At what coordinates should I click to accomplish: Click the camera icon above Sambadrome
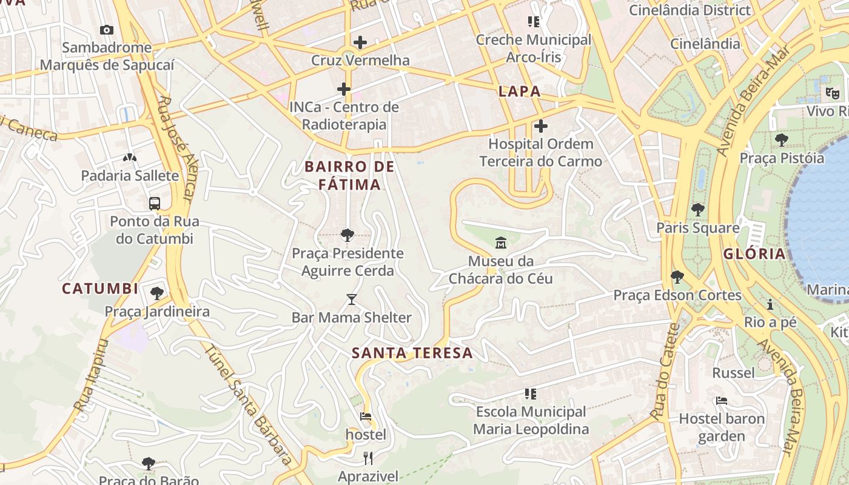(106, 30)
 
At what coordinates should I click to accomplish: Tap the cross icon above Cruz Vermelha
(360, 42)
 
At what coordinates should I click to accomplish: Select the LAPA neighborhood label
(519, 92)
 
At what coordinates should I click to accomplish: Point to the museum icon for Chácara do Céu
(501, 243)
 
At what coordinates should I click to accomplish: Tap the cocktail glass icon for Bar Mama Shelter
(351, 299)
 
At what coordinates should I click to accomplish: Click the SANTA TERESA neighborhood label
(412, 353)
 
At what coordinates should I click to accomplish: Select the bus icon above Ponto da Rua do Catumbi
(155, 203)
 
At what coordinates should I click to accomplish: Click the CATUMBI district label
(100, 289)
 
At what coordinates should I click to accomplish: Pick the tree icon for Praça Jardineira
(157, 293)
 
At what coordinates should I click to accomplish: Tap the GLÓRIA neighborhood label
(754, 254)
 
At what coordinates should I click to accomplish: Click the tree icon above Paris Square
(698, 210)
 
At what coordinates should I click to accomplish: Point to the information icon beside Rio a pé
(770, 304)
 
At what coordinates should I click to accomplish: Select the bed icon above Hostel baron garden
(722, 400)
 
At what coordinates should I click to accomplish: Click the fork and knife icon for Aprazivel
(367, 457)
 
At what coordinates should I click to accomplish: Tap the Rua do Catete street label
(665, 371)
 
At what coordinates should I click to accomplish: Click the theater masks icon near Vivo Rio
(831, 93)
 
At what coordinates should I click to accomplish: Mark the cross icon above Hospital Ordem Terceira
(540, 126)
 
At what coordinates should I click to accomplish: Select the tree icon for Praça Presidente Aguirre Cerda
(347, 235)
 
